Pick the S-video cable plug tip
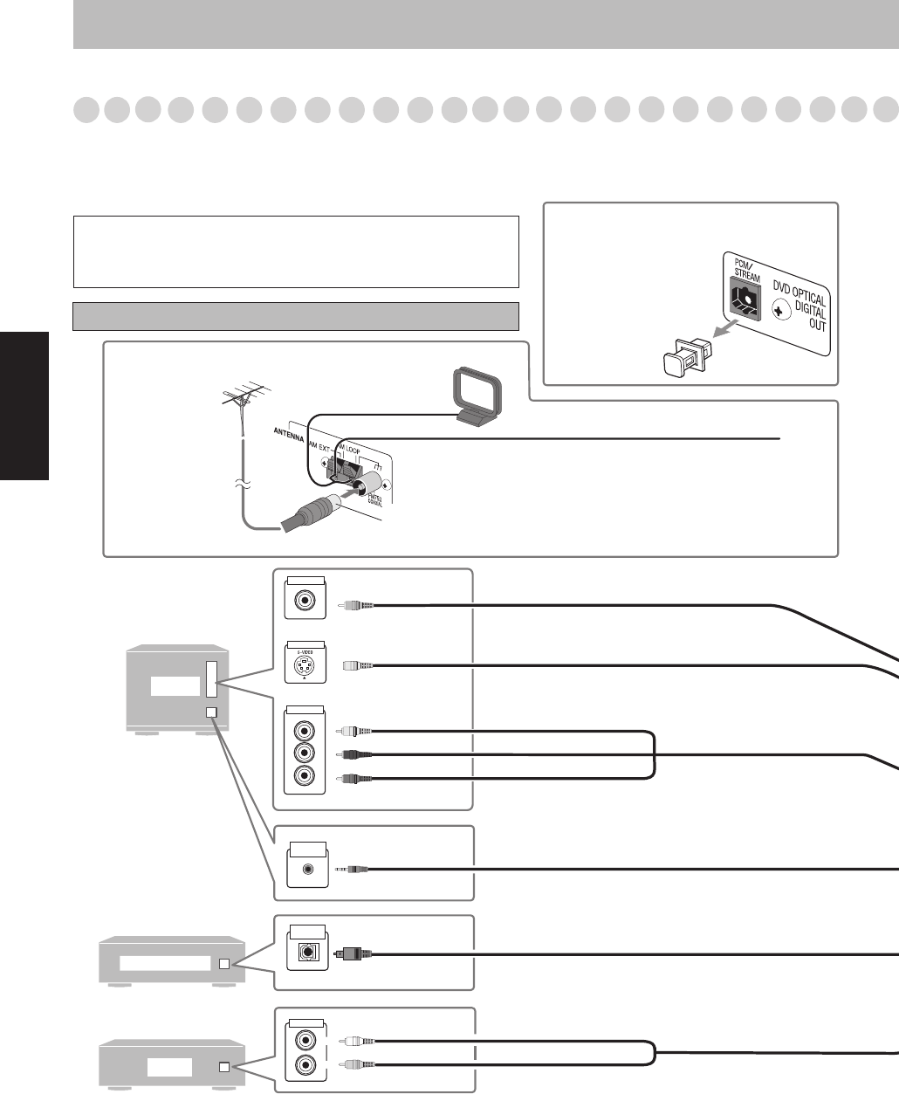tap(358, 666)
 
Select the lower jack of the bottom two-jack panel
tap(305, 1064)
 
